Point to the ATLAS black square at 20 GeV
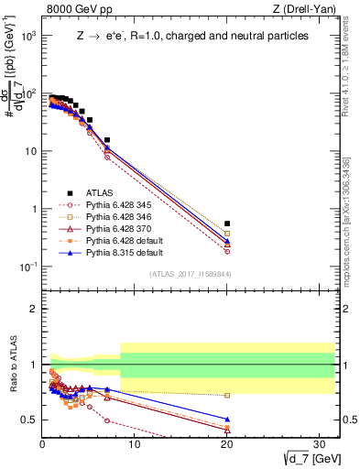(227, 224)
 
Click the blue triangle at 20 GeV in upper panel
(227, 241)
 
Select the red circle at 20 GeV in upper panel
(227, 251)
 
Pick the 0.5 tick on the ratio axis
(30, 420)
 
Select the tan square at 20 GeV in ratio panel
(227, 396)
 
